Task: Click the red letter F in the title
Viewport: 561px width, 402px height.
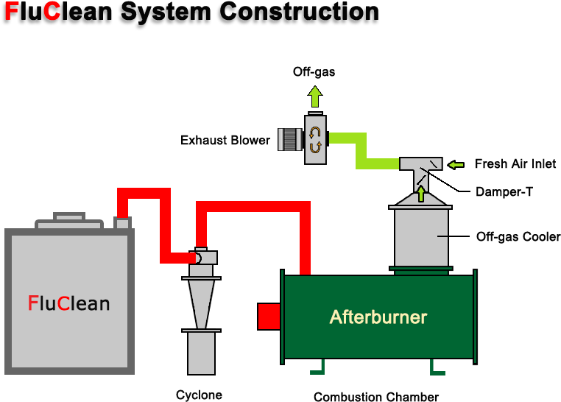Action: pos(12,12)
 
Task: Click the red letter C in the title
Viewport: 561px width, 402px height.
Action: pos(52,12)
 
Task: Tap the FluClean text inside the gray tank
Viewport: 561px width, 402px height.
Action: pos(68,303)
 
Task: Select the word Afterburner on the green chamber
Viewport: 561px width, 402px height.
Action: pos(378,317)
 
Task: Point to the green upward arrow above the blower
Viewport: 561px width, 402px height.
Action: pos(315,96)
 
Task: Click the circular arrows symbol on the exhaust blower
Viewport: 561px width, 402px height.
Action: pos(315,140)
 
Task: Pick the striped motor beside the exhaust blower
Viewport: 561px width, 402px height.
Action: pos(290,139)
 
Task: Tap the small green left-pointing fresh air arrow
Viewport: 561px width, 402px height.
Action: pos(456,164)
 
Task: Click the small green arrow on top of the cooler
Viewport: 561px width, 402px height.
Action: pos(421,194)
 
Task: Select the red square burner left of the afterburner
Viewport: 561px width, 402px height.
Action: pos(269,317)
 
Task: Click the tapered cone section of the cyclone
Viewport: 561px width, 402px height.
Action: pos(201,303)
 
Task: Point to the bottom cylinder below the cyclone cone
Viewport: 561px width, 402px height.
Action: pos(201,353)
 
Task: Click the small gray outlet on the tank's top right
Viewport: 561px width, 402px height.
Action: pos(123,222)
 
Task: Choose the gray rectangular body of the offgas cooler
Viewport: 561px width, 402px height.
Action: pos(421,238)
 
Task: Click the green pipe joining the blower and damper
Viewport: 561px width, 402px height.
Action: pos(361,151)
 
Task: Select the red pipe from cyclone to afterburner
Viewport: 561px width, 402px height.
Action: pos(254,207)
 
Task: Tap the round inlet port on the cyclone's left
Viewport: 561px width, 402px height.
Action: pos(196,258)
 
